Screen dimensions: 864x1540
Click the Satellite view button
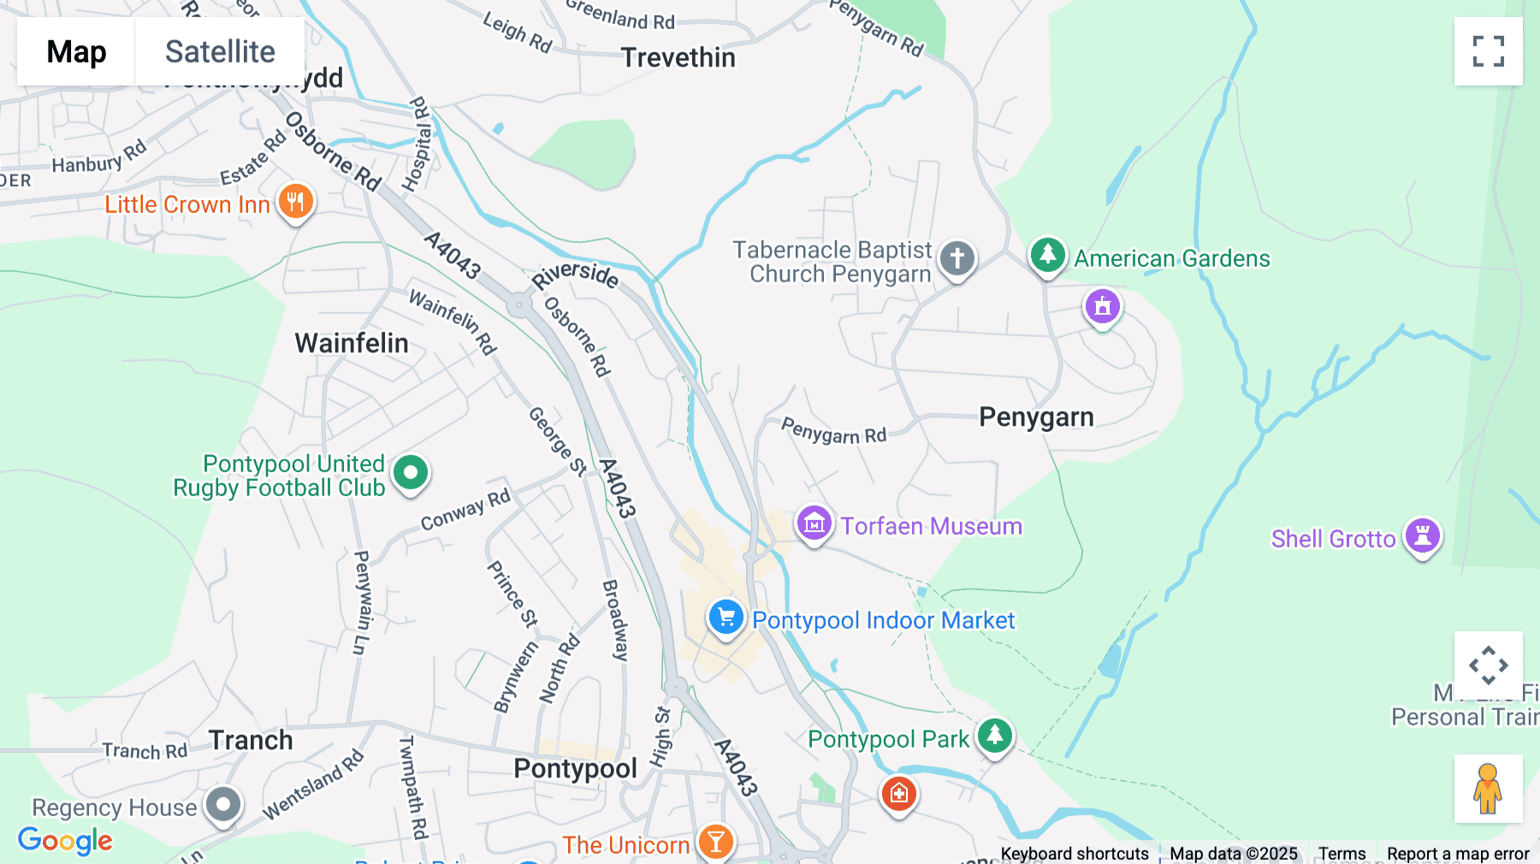click(x=220, y=51)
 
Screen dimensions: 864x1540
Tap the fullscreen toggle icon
click(x=1488, y=51)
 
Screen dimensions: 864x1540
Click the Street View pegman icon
click(x=1488, y=789)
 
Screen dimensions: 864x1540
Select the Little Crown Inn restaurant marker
click(x=296, y=203)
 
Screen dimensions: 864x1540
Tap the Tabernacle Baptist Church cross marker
click(x=957, y=257)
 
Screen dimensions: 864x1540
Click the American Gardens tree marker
click(x=1047, y=255)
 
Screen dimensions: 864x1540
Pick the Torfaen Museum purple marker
click(x=814, y=523)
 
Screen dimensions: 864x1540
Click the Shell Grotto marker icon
click(x=1422, y=536)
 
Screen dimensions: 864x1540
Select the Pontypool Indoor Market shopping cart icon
click(x=726, y=617)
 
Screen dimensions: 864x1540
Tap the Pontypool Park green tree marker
click(x=994, y=736)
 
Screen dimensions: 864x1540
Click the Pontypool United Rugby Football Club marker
click(x=411, y=472)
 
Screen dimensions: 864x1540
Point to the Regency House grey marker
click(x=223, y=804)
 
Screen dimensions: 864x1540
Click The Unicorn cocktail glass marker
click(x=715, y=843)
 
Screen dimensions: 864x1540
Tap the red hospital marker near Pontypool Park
click(x=898, y=794)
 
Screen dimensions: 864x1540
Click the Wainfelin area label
click(x=352, y=344)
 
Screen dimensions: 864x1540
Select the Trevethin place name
click(x=678, y=57)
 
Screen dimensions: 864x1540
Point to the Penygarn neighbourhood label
click(x=1036, y=417)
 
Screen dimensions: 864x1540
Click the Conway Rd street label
click(x=465, y=511)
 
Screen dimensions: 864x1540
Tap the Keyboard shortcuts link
click(x=1075, y=854)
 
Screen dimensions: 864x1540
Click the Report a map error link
click(x=1457, y=854)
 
